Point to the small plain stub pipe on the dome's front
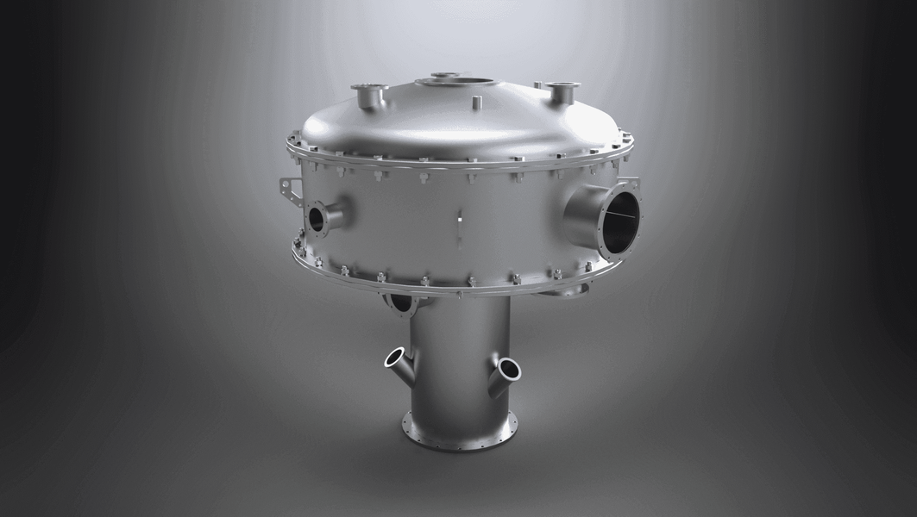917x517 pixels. [x=475, y=103]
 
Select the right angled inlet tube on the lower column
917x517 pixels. [x=506, y=372]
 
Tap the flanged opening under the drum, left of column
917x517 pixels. [x=402, y=302]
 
